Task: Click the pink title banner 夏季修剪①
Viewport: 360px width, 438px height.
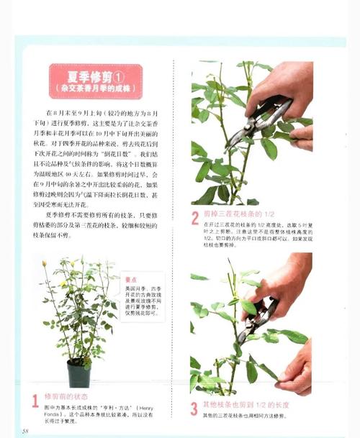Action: coord(95,81)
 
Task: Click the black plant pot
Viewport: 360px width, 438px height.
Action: coord(78,373)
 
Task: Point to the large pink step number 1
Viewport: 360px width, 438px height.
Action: coord(35,401)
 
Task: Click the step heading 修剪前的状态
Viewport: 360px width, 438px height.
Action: coord(66,396)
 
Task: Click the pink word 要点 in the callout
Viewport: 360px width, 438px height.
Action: coord(130,280)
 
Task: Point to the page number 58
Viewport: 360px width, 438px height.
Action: coord(25,430)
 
